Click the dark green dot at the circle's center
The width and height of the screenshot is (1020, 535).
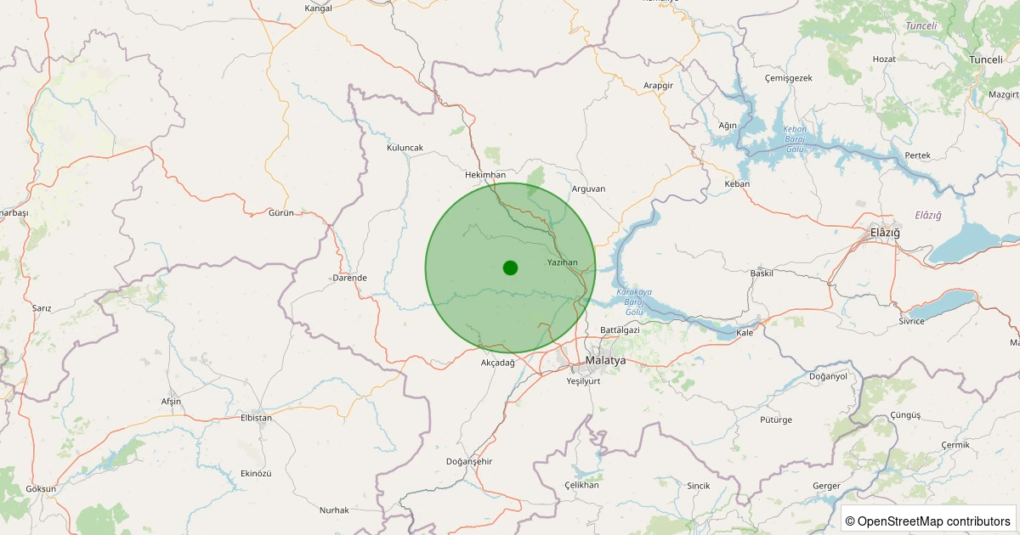(510, 267)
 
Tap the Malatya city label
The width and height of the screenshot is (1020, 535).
(605, 360)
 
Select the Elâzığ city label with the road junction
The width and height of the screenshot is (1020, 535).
(885, 233)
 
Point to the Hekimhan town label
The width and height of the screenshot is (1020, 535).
(485, 174)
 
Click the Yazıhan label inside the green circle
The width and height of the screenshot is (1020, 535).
(563, 262)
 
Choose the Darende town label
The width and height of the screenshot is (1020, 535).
(349, 278)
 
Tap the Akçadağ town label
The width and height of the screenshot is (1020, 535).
(498, 363)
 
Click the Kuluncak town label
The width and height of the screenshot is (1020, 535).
(405, 148)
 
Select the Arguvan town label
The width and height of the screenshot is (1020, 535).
(588, 189)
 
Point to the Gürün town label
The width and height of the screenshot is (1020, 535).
(280, 212)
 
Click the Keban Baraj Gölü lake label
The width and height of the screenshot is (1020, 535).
(794, 138)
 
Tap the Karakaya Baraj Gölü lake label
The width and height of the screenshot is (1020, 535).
(634, 301)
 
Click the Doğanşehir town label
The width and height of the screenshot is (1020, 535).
(469, 461)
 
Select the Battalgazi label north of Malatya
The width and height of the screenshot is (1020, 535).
(619, 329)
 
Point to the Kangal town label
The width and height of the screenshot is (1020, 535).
(318, 8)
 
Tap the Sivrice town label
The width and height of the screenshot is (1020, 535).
(911, 321)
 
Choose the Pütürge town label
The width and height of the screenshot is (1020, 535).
(775, 420)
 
